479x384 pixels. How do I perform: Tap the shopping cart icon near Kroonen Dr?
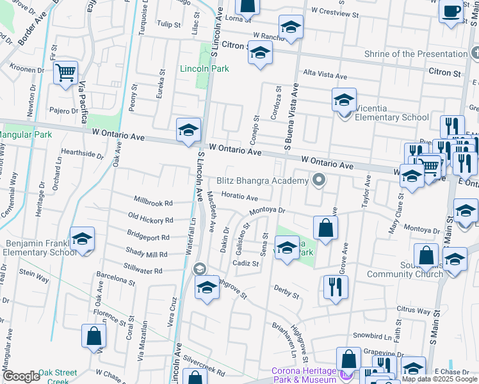[x=65, y=74]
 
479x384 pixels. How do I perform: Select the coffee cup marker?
[x=451, y=12]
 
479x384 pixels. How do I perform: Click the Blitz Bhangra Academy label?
[x=263, y=181]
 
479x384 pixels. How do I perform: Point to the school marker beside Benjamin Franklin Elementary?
[x=82, y=240]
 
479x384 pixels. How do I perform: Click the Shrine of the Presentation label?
[x=417, y=54]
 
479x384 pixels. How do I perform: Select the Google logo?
[x=21, y=376]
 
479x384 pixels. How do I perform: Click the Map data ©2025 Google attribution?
[x=440, y=379]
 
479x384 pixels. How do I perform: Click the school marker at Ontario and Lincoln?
[x=188, y=131]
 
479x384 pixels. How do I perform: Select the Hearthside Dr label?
[x=82, y=154]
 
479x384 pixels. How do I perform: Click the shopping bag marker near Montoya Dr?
[x=325, y=228]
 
